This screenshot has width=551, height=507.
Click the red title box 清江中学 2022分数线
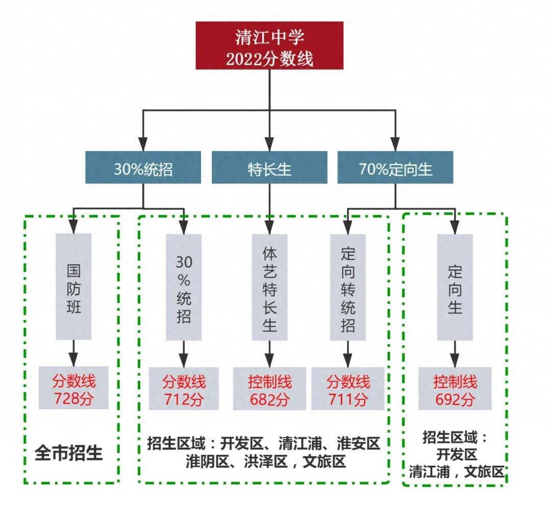click(x=269, y=45)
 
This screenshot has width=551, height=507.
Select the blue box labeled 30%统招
click(x=143, y=168)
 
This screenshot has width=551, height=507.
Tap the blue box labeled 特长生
click(x=269, y=168)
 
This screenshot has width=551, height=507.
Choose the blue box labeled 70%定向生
click(x=395, y=168)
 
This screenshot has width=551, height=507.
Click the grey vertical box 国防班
click(x=73, y=286)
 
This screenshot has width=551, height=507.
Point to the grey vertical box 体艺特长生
click(x=269, y=287)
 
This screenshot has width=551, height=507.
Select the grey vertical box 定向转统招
click(x=347, y=287)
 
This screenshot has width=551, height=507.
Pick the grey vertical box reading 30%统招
click(x=184, y=287)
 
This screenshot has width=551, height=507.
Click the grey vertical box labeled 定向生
click(x=455, y=287)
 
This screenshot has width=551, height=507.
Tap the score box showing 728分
click(x=73, y=388)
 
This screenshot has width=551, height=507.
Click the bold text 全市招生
click(x=69, y=453)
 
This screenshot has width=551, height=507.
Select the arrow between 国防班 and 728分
click(x=73, y=352)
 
